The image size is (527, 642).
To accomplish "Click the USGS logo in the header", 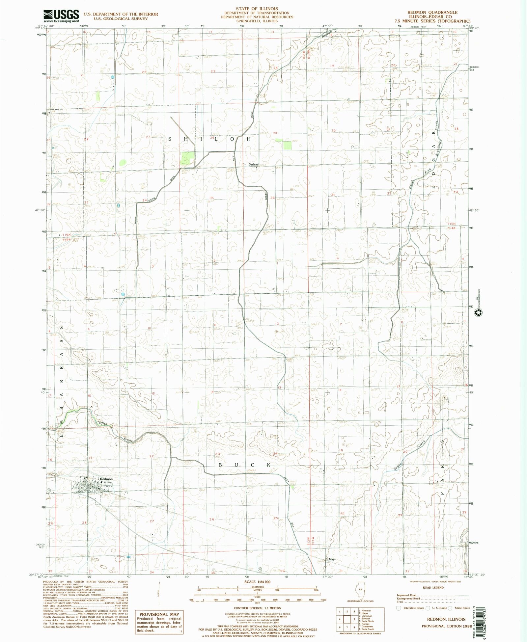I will click(x=61, y=15).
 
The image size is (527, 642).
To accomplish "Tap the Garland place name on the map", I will click(x=253, y=165).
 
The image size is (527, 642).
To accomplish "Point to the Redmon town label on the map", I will click(x=106, y=479).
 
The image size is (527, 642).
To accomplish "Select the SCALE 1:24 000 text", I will click(x=257, y=582).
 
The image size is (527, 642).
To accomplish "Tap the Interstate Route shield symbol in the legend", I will click(x=399, y=608).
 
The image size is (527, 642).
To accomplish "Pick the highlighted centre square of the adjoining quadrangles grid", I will click(x=347, y=619).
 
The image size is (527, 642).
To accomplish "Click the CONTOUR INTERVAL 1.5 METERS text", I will click(x=257, y=608).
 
